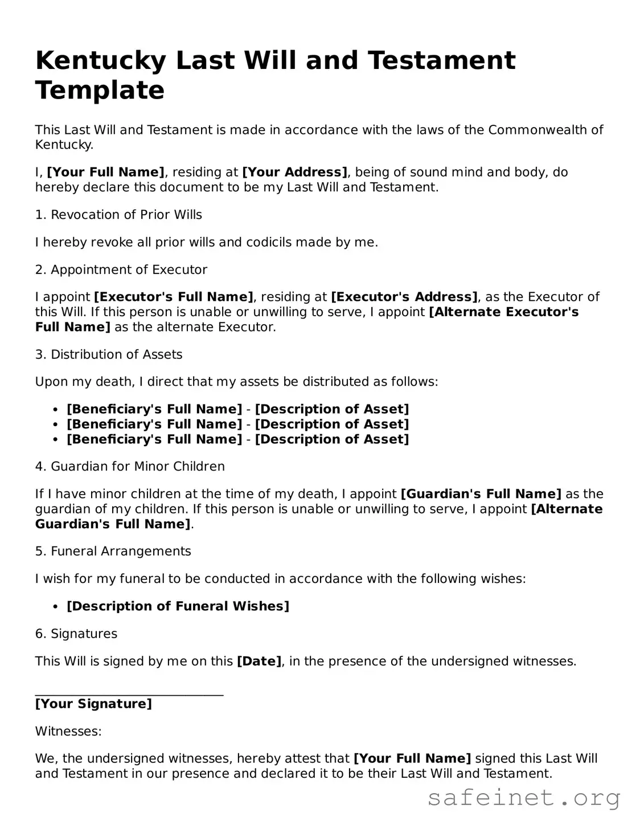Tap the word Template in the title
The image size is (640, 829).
coord(100,90)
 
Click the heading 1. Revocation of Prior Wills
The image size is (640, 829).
coord(118,215)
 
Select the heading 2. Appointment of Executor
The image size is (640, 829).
coord(121,269)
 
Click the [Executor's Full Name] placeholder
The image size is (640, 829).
coord(173,297)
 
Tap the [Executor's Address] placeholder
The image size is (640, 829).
coord(404,297)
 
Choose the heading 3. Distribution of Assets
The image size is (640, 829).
coord(109,354)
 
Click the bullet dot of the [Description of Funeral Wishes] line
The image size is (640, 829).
coord(55,607)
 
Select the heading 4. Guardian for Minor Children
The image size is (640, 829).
coord(130,467)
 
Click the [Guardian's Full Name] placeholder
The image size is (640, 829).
coord(481,494)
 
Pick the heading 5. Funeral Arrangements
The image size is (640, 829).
coord(113,551)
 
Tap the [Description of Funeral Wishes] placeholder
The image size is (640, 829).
coord(178,606)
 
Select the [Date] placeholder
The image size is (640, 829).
coord(259,661)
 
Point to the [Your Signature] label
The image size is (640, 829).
coord(93,704)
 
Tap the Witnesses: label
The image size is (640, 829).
coord(68,731)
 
